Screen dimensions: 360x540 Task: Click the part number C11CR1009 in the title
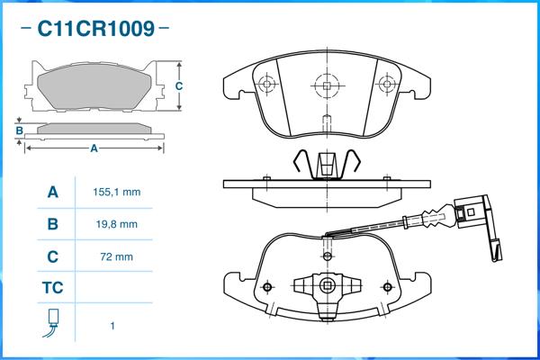tap(94, 29)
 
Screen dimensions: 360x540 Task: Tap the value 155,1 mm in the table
tap(116, 193)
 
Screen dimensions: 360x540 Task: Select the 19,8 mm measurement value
tap(116, 224)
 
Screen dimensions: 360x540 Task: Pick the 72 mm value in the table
tap(116, 256)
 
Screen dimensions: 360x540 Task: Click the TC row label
tap(52, 289)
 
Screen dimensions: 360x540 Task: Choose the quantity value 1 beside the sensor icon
tap(112, 326)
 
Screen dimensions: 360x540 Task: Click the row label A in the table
tap(52, 193)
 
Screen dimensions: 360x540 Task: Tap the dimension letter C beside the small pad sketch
tap(179, 86)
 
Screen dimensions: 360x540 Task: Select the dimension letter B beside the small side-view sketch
tap(19, 131)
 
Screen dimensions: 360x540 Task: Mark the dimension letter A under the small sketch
tap(94, 149)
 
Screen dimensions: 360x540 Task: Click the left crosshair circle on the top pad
tap(265, 85)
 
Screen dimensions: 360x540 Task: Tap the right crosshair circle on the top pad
tap(388, 85)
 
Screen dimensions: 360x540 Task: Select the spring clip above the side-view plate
tap(326, 164)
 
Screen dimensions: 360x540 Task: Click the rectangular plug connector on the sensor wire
tap(471, 214)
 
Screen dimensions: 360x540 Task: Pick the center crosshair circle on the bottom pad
tap(328, 287)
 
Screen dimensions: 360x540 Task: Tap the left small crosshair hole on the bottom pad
tap(266, 287)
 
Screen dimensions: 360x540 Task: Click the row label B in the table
tap(52, 224)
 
